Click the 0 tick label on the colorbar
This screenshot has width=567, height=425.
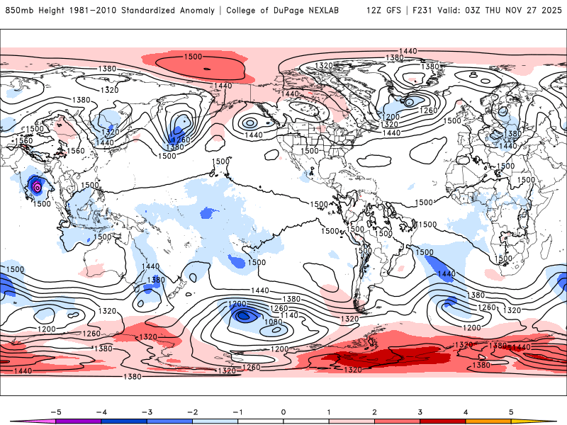point(283,411)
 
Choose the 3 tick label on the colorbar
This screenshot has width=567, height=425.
point(420,411)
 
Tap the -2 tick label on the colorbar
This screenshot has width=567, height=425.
point(192,411)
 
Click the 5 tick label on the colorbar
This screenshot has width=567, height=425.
point(511,411)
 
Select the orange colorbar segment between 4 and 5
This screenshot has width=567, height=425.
point(488,421)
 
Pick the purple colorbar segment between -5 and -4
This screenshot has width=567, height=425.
point(79,421)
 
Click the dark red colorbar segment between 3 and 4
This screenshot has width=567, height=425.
point(443,421)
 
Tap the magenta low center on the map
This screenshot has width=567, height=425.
point(36,188)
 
